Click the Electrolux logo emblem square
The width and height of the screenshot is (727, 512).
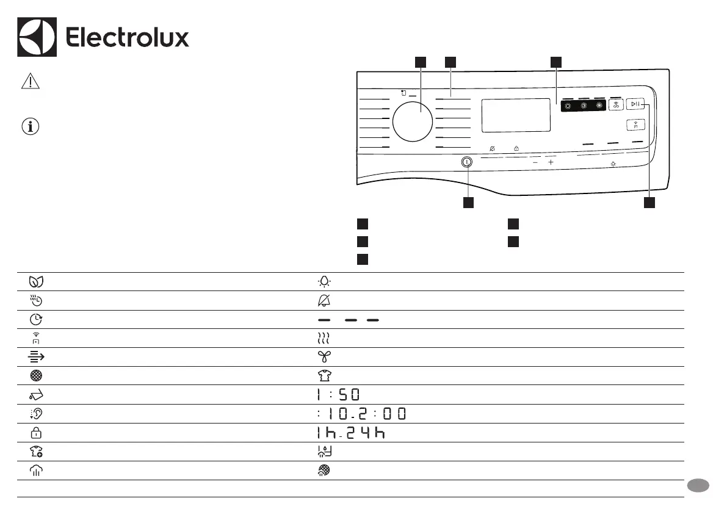click(x=37, y=37)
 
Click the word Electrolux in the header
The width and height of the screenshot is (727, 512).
click(x=128, y=37)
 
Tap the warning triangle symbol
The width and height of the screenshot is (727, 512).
click(x=31, y=81)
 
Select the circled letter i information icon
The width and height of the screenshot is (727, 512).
click(x=31, y=126)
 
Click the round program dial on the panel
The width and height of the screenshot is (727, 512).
click(x=412, y=122)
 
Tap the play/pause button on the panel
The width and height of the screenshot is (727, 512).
click(x=635, y=104)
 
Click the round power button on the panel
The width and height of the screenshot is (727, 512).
click(x=467, y=162)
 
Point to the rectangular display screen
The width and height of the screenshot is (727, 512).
click(x=516, y=115)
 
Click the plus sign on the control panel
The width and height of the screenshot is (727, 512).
click(x=551, y=162)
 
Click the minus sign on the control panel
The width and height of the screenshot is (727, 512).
click(x=535, y=163)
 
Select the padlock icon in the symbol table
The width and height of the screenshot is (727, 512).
click(x=36, y=433)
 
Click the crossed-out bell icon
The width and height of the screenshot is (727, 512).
click(x=324, y=300)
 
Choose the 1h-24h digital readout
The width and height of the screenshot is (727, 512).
click(x=351, y=433)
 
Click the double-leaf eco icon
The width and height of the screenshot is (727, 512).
click(x=36, y=282)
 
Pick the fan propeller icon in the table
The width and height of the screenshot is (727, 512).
click(x=325, y=357)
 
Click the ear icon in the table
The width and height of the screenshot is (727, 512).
click(x=36, y=413)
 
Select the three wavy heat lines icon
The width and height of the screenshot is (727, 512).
click(x=324, y=338)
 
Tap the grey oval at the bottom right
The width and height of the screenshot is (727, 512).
click(x=698, y=486)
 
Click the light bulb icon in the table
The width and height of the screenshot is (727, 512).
click(x=325, y=282)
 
